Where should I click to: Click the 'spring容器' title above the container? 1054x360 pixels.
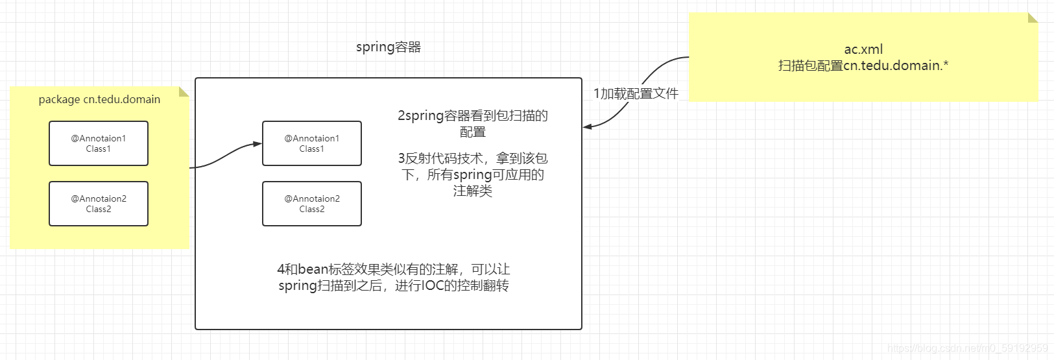[x=389, y=47]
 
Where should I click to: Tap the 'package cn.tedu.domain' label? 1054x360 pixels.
[x=99, y=99]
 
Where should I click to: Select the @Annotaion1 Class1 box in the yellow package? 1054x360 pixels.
[x=99, y=143]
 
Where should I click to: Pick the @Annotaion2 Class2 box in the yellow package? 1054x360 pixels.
[x=99, y=204]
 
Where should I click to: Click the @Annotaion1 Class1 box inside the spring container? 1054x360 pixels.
[x=312, y=143]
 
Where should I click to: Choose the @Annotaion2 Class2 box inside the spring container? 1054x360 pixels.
[x=312, y=204]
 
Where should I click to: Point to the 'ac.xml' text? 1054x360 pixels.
[x=863, y=49]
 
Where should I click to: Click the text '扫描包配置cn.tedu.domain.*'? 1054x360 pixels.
[x=863, y=66]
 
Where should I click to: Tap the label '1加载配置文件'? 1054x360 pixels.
[x=636, y=93]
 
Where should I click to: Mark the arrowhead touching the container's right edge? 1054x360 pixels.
[x=587, y=126]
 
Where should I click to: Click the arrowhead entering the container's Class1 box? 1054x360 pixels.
[x=258, y=145]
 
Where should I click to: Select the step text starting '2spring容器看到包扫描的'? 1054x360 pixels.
[x=473, y=115]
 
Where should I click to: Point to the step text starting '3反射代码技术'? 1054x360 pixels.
[x=473, y=158]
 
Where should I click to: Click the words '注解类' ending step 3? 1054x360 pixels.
[x=473, y=191]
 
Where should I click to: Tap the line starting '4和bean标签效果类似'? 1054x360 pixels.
[x=394, y=269]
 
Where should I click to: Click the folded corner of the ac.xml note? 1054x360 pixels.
[x=1033, y=18]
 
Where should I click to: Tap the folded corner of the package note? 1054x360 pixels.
[x=184, y=92]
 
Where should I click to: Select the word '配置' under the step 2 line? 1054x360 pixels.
[x=473, y=132]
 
